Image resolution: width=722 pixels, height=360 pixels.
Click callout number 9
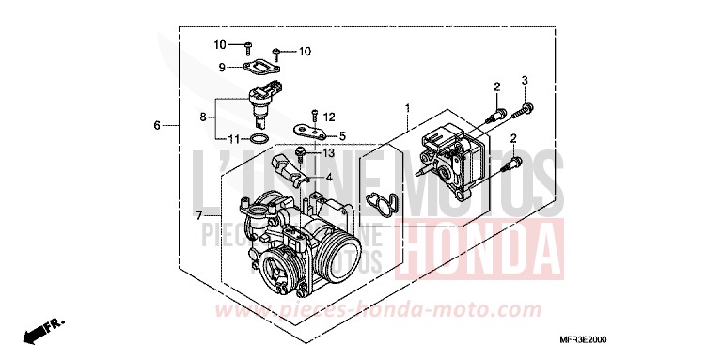point(222,68)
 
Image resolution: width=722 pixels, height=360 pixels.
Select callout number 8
point(202,117)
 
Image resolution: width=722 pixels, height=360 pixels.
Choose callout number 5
point(342,135)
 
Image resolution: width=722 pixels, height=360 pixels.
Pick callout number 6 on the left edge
point(157,124)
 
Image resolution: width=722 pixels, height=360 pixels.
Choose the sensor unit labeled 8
point(259,102)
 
